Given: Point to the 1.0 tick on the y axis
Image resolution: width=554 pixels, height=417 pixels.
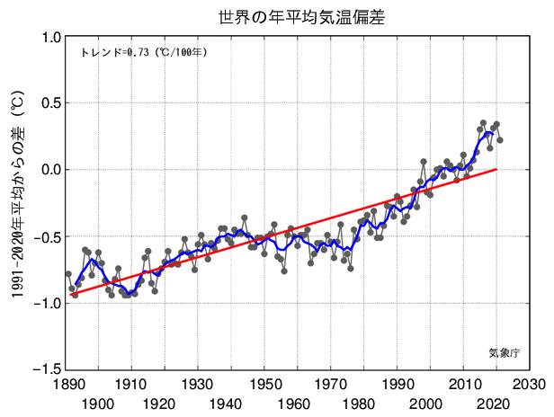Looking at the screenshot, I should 50,38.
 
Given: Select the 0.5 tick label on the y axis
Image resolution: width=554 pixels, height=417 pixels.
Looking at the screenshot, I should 50,103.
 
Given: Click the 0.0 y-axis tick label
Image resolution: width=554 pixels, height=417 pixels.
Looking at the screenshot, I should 50,170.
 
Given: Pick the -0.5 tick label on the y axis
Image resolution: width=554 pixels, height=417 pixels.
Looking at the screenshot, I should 48,236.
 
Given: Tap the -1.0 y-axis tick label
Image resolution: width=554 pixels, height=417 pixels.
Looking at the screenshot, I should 48,303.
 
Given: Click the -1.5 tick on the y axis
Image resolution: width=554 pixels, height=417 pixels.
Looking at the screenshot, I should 48,369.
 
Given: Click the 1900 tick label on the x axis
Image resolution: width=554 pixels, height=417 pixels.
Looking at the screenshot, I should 98,404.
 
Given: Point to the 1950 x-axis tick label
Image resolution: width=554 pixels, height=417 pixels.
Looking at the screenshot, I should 264,383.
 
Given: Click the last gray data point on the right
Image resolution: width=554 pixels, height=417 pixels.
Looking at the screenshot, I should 500,140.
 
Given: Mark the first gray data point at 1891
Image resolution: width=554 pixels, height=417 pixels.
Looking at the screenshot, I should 68,273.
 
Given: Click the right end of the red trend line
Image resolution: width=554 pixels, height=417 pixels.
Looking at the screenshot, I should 496,169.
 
